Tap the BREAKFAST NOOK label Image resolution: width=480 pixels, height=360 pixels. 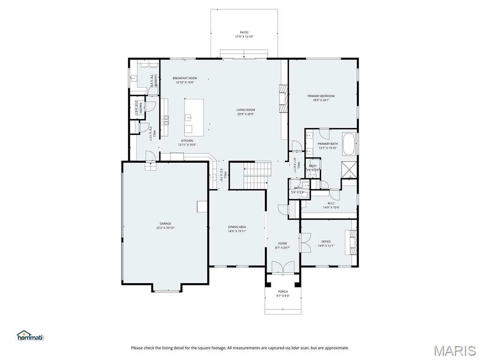pos(185,78)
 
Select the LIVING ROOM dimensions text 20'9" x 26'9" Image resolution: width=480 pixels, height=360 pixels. pos(246,114)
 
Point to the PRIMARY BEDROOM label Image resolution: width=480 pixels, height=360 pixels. pos(321,96)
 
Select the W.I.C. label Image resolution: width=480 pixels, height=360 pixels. pos(330,203)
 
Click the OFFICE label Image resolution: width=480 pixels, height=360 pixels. pos(326,242)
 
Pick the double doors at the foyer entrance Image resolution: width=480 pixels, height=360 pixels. pos(283,268)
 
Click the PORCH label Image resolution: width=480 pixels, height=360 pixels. pos(283,292)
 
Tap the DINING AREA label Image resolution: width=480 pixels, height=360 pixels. pos(237,227)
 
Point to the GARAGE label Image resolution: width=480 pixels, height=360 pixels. pos(165,224)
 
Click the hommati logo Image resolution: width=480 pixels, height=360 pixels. pos(30,336)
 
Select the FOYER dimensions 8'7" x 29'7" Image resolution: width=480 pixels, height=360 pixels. pos(282,247)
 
